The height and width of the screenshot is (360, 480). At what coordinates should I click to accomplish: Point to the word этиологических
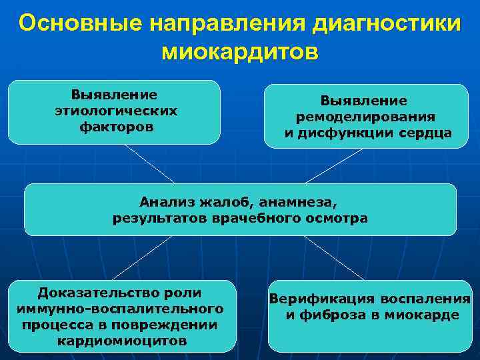116,110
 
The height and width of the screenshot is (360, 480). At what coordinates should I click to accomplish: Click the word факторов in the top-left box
116,125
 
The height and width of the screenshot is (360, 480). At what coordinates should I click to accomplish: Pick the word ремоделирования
366,117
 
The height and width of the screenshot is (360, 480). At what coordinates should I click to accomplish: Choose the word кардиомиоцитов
122,341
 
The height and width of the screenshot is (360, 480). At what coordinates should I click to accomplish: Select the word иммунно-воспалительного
120,309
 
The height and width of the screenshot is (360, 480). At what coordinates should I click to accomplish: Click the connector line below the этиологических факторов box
150,163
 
